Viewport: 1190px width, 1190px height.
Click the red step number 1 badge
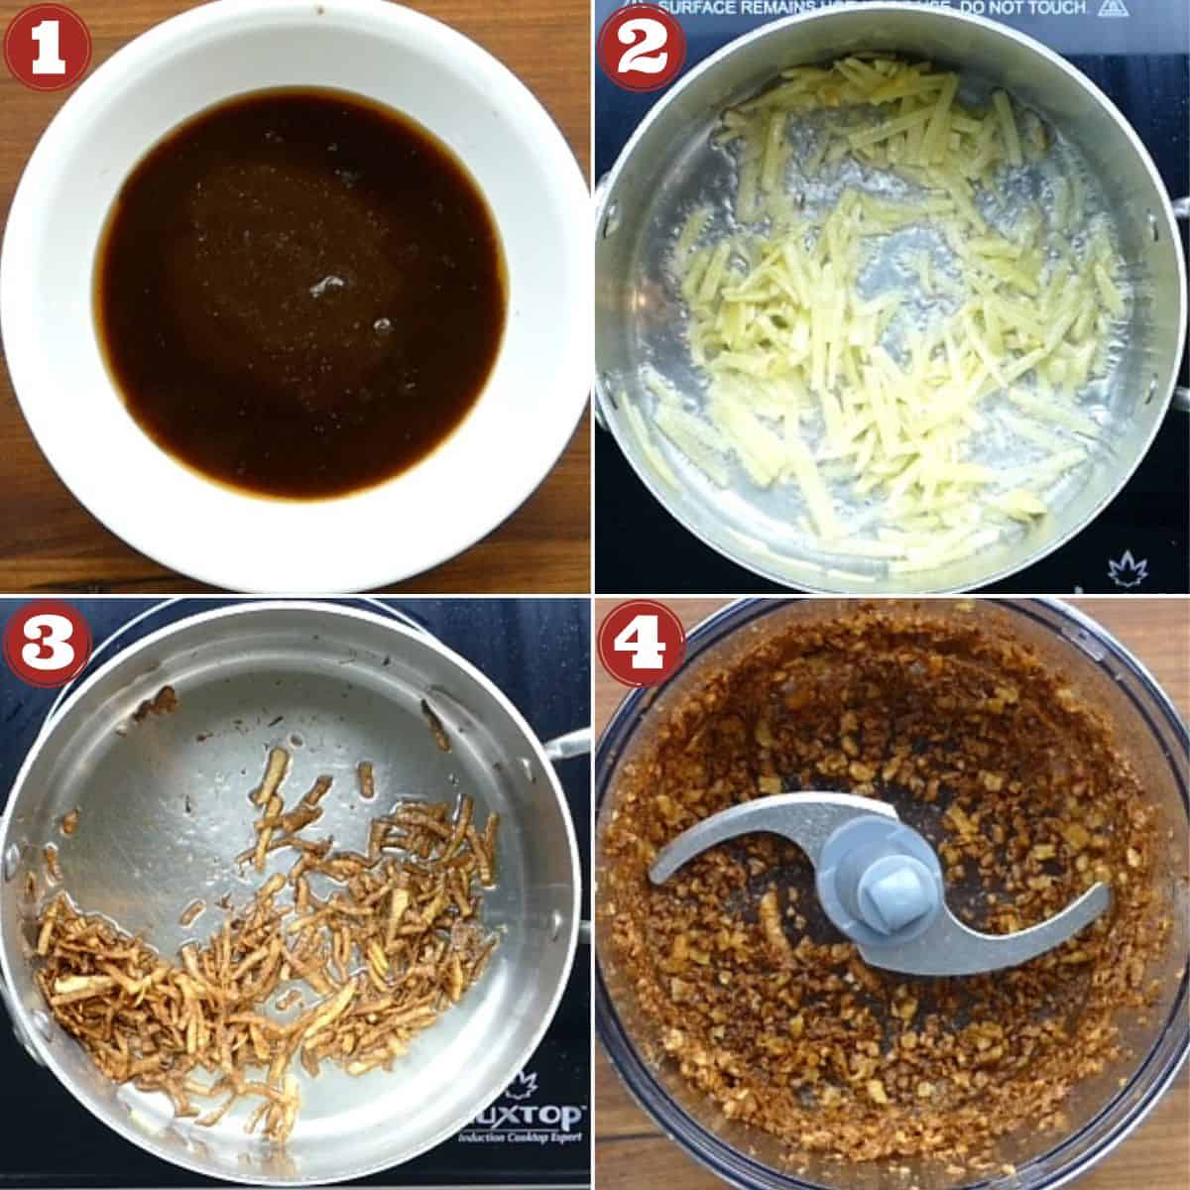[x=47, y=47]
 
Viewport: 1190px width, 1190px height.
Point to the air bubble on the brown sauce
[x=324, y=287]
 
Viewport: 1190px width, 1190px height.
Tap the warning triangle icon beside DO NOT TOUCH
[x=1109, y=9]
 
